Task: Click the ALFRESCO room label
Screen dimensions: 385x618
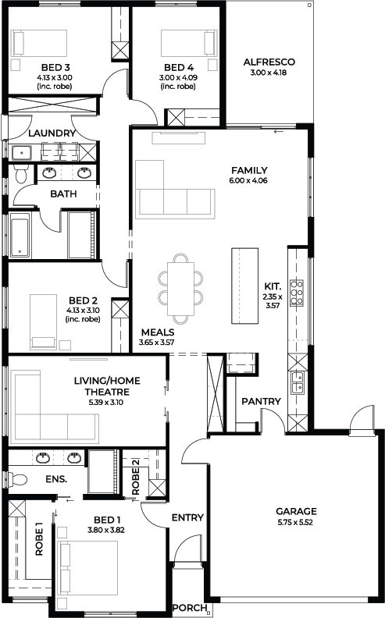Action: click(x=269, y=62)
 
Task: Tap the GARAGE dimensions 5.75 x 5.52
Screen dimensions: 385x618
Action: click(x=295, y=523)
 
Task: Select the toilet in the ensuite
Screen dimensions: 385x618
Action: click(x=17, y=479)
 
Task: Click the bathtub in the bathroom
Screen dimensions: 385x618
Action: click(x=19, y=236)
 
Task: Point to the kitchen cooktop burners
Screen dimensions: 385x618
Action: click(x=297, y=293)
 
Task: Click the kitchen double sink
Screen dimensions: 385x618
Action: click(x=297, y=382)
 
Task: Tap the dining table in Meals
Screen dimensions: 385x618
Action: click(x=180, y=289)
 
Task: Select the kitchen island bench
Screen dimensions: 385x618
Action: click(x=244, y=286)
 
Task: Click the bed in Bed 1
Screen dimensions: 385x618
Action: click(x=88, y=568)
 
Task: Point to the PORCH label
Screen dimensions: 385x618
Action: click(x=189, y=607)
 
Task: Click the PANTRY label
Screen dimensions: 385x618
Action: click(x=261, y=401)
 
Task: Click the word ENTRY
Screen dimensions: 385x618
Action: click(x=187, y=517)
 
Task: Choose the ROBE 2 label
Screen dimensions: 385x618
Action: click(x=135, y=477)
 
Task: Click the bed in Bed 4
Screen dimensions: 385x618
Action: click(x=189, y=44)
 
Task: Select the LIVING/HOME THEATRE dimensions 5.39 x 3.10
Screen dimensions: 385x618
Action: click(x=107, y=403)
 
